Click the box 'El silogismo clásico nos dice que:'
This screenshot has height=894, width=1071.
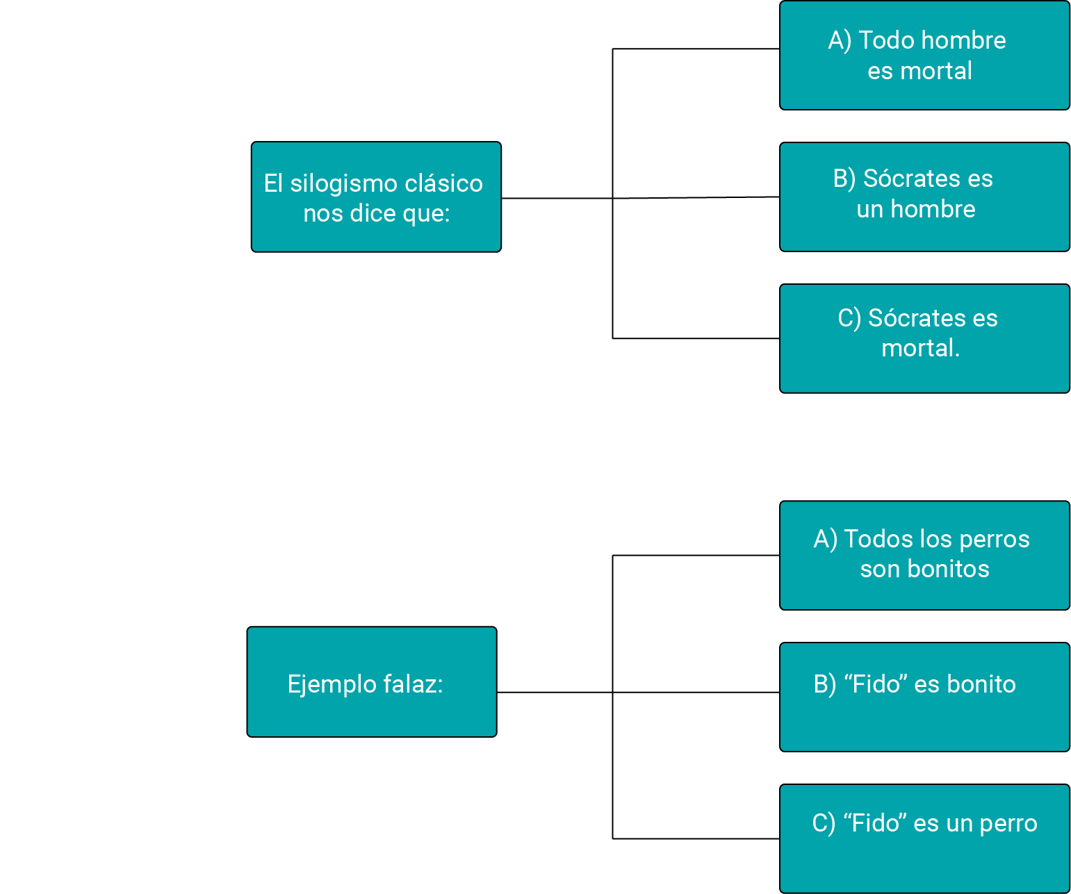376,197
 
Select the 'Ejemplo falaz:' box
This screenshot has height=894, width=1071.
372,681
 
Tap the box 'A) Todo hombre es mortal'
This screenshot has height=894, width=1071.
924,56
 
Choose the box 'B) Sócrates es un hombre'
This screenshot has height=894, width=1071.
924,197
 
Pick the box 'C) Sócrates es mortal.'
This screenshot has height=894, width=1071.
924,339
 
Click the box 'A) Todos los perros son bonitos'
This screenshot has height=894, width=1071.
924,555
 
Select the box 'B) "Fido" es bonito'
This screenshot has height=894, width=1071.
924,697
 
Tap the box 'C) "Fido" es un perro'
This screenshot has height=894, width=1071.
924,838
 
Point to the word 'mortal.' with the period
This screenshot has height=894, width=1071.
921,347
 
